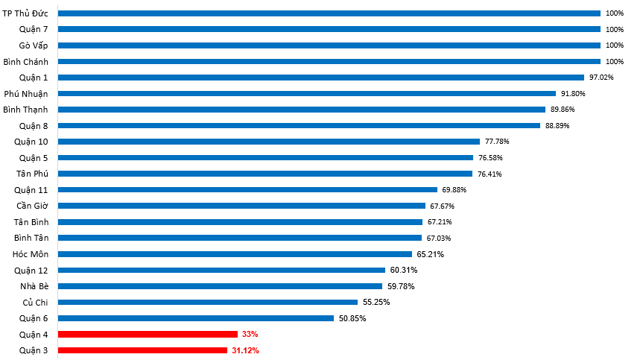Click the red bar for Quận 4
pos(148,334)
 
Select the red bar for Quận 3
pos(142,350)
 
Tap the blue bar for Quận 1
pos(320,78)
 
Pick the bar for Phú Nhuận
pos(306,94)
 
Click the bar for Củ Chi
pos(207,302)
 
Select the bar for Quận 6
pos(195,318)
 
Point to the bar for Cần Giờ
pos(241,206)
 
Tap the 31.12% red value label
pos(245,350)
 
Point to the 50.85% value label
pos(352,318)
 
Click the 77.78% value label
pos(497,142)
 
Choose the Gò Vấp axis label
pos(34,45)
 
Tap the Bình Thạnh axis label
pos(26,110)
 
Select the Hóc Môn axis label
pos(31,254)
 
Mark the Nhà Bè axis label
pos(34,286)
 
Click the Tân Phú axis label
pos(32,174)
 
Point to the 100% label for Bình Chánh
pos(614,62)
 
